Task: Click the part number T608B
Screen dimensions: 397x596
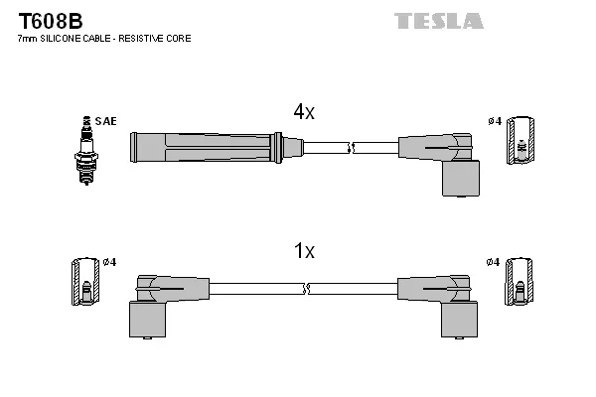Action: click(x=50, y=20)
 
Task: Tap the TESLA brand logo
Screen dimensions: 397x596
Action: click(x=438, y=21)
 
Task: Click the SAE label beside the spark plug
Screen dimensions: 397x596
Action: click(x=107, y=121)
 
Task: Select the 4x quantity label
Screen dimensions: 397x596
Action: click(x=304, y=113)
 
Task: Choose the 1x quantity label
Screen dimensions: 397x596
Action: click(x=304, y=252)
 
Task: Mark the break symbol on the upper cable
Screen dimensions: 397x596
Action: click(x=350, y=148)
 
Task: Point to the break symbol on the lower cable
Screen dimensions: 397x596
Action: click(x=306, y=289)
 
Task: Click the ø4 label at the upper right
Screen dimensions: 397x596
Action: click(x=495, y=121)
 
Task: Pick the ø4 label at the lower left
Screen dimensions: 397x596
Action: click(x=109, y=262)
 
